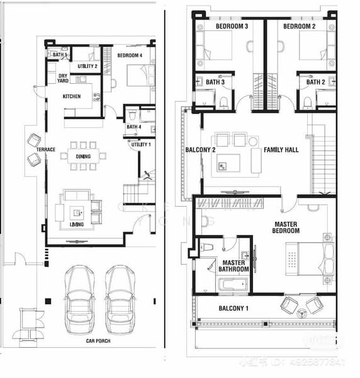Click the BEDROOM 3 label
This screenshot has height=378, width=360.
(232, 26)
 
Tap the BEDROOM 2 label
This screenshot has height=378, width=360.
(299, 26)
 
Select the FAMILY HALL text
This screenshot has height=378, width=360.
(281, 150)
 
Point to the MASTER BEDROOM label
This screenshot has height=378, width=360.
(290, 227)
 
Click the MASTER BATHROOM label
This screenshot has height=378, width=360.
(234, 266)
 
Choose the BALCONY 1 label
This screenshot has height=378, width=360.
(233, 308)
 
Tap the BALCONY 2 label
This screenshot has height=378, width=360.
(201, 150)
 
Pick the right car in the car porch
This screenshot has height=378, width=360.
(120, 299)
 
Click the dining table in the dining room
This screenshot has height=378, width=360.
(83, 156)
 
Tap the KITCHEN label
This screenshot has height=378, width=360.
(72, 96)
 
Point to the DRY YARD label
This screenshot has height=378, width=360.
(63, 79)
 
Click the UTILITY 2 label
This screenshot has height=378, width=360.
(87, 66)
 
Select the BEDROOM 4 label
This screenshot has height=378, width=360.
(130, 55)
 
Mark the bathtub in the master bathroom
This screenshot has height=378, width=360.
(232, 285)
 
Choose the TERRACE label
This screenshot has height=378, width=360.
(46, 150)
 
